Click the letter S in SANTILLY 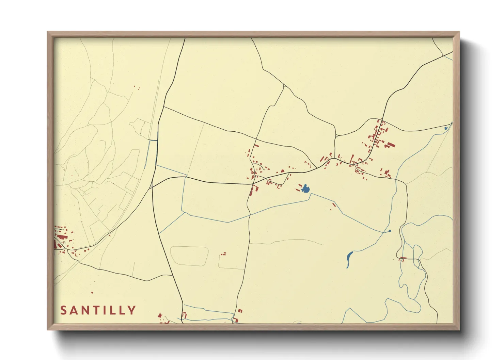pyautogui.click(x=64, y=310)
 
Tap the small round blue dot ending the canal pyautogui.click(x=390, y=231)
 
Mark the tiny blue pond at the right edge pyautogui.click(x=446, y=128)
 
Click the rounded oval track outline pyautogui.click(x=189, y=256)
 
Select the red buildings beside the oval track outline pyautogui.click(x=223, y=254)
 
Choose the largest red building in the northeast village pyautogui.click(x=389, y=145)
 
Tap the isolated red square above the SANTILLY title pyautogui.click(x=92, y=292)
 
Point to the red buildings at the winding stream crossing pyautogui.click(x=403, y=259)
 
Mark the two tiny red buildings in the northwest pyautogui.click(x=137, y=88)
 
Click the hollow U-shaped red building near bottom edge pyautogui.click(x=184, y=315)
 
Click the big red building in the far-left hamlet pyautogui.click(x=61, y=236)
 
